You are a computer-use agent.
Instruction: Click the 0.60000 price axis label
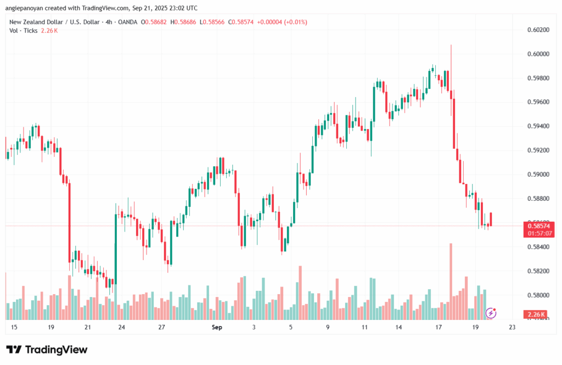[x=538, y=54]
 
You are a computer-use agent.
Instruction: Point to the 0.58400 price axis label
[x=538, y=246]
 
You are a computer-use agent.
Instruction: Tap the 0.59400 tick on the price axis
[x=538, y=126]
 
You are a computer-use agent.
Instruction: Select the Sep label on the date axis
[x=217, y=327]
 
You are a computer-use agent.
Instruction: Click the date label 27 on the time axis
[x=162, y=327]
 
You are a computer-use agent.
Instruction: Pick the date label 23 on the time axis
[x=512, y=327]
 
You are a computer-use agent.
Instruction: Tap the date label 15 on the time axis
[x=14, y=327]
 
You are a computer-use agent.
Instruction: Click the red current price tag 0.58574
[x=539, y=226]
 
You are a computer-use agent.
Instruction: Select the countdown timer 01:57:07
[x=539, y=233]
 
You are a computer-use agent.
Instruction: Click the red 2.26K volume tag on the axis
[x=536, y=315]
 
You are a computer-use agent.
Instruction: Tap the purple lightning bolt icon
[x=491, y=313]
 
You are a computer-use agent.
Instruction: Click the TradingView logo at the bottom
[x=47, y=350]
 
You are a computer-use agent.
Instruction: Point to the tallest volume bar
[x=451, y=282]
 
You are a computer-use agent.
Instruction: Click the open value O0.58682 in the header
[x=154, y=22]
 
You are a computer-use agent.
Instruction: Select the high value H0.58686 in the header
[x=183, y=22]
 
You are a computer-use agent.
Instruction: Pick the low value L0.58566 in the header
[x=212, y=22]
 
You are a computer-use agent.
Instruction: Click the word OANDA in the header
[x=127, y=22]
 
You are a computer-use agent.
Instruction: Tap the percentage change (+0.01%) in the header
[x=296, y=22]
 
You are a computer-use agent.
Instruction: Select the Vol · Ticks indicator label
[x=23, y=31]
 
